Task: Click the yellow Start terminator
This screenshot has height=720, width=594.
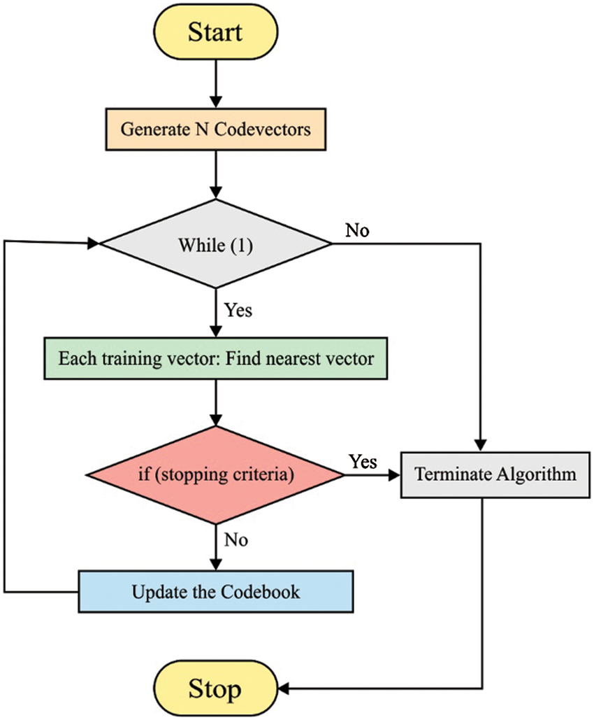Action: point(215,31)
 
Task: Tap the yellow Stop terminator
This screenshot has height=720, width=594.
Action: point(215,688)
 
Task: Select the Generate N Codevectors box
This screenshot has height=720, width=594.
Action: point(215,129)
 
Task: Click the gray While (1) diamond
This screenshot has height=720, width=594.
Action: point(215,243)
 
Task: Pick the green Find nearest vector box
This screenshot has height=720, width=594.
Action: point(215,358)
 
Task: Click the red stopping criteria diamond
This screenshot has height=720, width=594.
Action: point(215,475)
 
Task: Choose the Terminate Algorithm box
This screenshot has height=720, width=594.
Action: point(495,475)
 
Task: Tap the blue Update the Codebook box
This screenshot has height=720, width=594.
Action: point(215,591)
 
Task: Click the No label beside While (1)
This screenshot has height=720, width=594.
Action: point(357,230)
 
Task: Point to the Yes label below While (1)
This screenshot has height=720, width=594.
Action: point(238,310)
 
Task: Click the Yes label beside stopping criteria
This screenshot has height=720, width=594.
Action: point(363,462)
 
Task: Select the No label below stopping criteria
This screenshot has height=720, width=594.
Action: point(236,539)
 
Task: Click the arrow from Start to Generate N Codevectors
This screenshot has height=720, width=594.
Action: point(215,84)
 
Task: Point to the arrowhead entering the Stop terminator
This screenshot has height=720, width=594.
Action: point(284,689)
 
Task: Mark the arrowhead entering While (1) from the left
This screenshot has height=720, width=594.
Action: point(94,243)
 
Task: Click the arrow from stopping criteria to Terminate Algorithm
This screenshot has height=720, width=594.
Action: point(372,475)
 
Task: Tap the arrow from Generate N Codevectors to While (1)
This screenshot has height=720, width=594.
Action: point(215,174)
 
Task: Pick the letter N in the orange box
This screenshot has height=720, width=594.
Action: point(202,129)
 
